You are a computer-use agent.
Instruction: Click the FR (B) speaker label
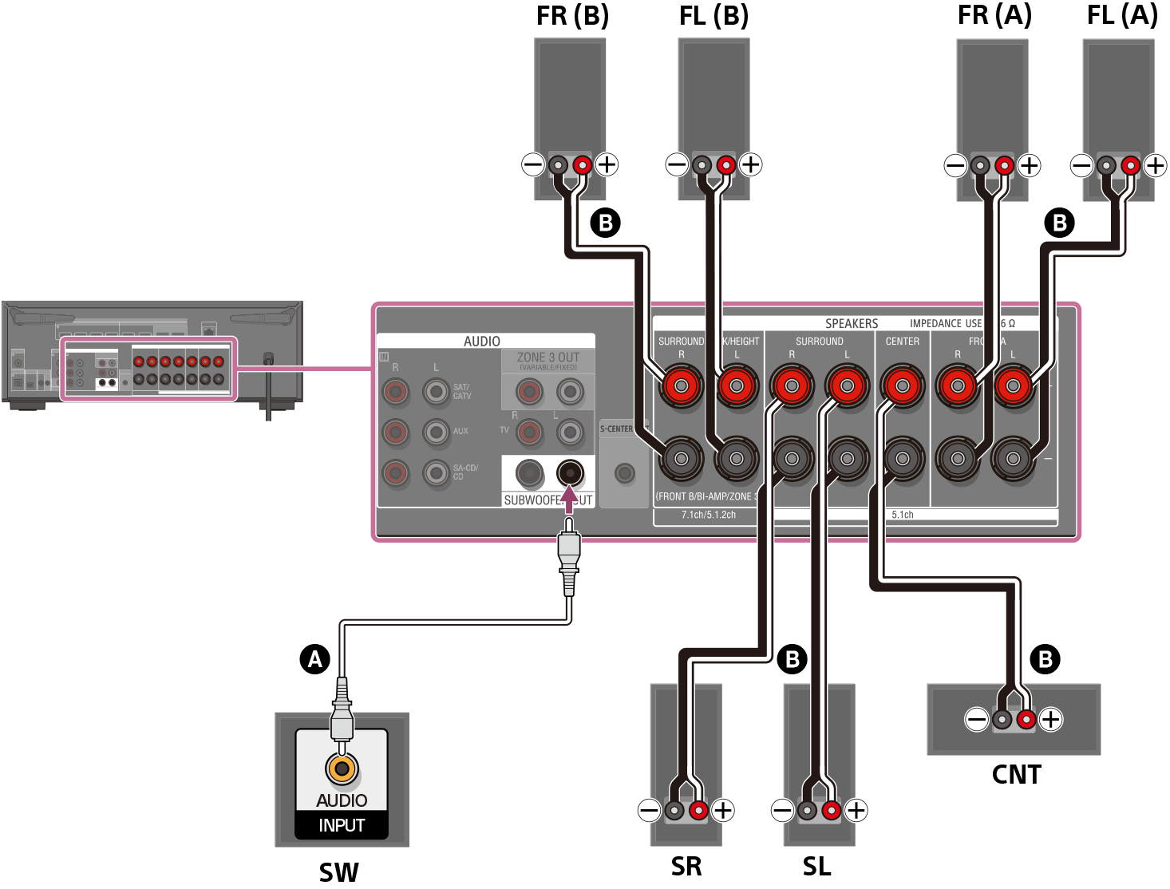(572, 16)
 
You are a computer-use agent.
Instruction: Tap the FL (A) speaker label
(1122, 15)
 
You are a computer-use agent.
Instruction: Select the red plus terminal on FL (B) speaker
(725, 165)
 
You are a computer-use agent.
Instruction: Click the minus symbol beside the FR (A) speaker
(955, 166)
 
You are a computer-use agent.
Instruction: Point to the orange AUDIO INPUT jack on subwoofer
(342, 768)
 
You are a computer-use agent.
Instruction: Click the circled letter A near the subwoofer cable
(315, 659)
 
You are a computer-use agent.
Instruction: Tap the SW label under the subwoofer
(339, 872)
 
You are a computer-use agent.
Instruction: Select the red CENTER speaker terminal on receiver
(902, 386)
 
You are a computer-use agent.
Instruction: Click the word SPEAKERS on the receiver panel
(851, 323)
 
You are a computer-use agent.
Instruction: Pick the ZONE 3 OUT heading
(548, 358)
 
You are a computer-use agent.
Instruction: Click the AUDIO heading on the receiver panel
(482, 342)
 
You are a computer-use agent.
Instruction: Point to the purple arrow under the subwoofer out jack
(568, 500)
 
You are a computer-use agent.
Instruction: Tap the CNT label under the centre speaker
(1016, 774)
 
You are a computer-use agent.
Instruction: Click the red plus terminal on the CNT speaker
(1026, 720)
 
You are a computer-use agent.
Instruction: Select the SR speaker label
(686, 866)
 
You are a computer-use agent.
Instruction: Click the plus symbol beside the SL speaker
(856, 811)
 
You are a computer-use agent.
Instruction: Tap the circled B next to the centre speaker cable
(1045, 659)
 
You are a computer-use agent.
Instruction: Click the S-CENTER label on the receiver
(616, 429)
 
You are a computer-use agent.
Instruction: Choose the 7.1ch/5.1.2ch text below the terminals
(709, 515)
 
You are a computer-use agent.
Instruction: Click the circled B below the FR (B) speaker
(606, 222)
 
